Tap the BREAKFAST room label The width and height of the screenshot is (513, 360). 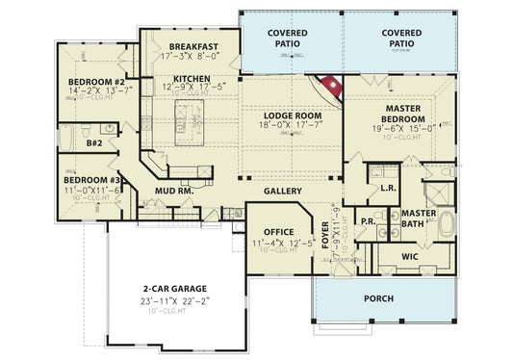click(193, 46)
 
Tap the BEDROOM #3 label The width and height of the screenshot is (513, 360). click(91, 180)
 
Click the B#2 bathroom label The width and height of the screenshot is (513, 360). click(94, 142)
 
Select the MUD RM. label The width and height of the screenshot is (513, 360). click(175, 191)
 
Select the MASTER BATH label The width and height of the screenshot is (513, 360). click(420, 218)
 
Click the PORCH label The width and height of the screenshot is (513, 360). click(377, 298)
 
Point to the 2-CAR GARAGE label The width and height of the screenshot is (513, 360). click(175, 288)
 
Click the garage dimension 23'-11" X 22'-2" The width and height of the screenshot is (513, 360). click(175, 300)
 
